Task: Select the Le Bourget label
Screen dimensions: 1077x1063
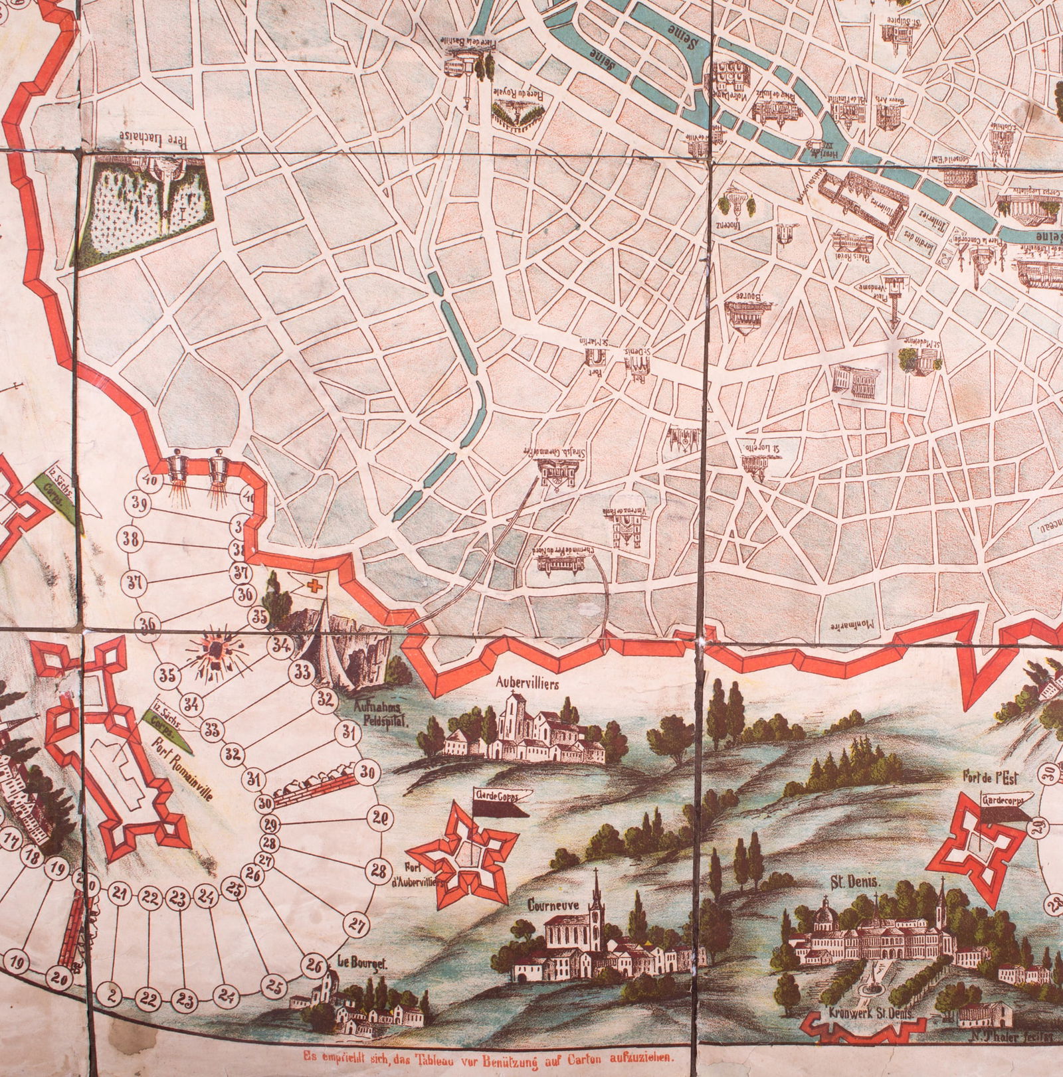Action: [352, 962]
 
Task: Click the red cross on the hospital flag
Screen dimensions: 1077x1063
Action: [313, 584]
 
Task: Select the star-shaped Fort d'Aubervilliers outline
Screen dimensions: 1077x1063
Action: [463, 853]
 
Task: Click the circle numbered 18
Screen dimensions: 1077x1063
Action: [31, 856]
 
